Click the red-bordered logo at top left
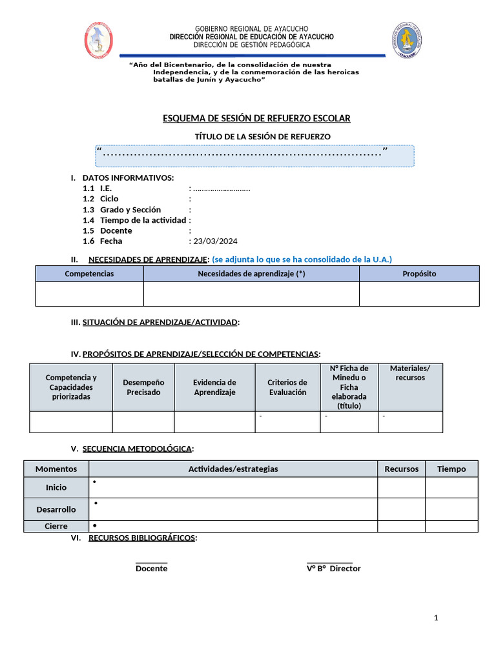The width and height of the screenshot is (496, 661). coord(99,39)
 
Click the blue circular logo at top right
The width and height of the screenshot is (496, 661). coord(408,39)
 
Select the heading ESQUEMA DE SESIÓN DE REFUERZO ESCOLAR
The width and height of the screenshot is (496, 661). coord(256,118)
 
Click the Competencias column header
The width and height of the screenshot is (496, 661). coord(89,274)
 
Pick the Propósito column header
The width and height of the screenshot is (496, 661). coord(419,274)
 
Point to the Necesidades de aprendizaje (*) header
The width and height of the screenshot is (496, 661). coord(251,274)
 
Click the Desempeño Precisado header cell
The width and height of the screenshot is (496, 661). coord(143,387)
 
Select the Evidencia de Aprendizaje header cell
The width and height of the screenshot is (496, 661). coord(214,387)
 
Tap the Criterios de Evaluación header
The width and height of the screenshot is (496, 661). coord(287,387)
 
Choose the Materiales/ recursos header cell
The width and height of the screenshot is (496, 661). coord(410,373)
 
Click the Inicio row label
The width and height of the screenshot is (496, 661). coord(56,487)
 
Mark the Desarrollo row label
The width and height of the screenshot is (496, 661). coord(56,509)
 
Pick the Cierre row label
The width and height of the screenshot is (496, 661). coord(56,526)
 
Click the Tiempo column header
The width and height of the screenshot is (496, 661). coord(451,469)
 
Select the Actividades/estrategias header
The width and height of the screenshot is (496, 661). coord(233,469)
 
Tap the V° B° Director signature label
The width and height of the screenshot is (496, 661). coord(333,569)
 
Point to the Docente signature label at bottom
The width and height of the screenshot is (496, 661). coord(151,569)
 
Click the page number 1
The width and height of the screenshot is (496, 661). coord(436,618)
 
